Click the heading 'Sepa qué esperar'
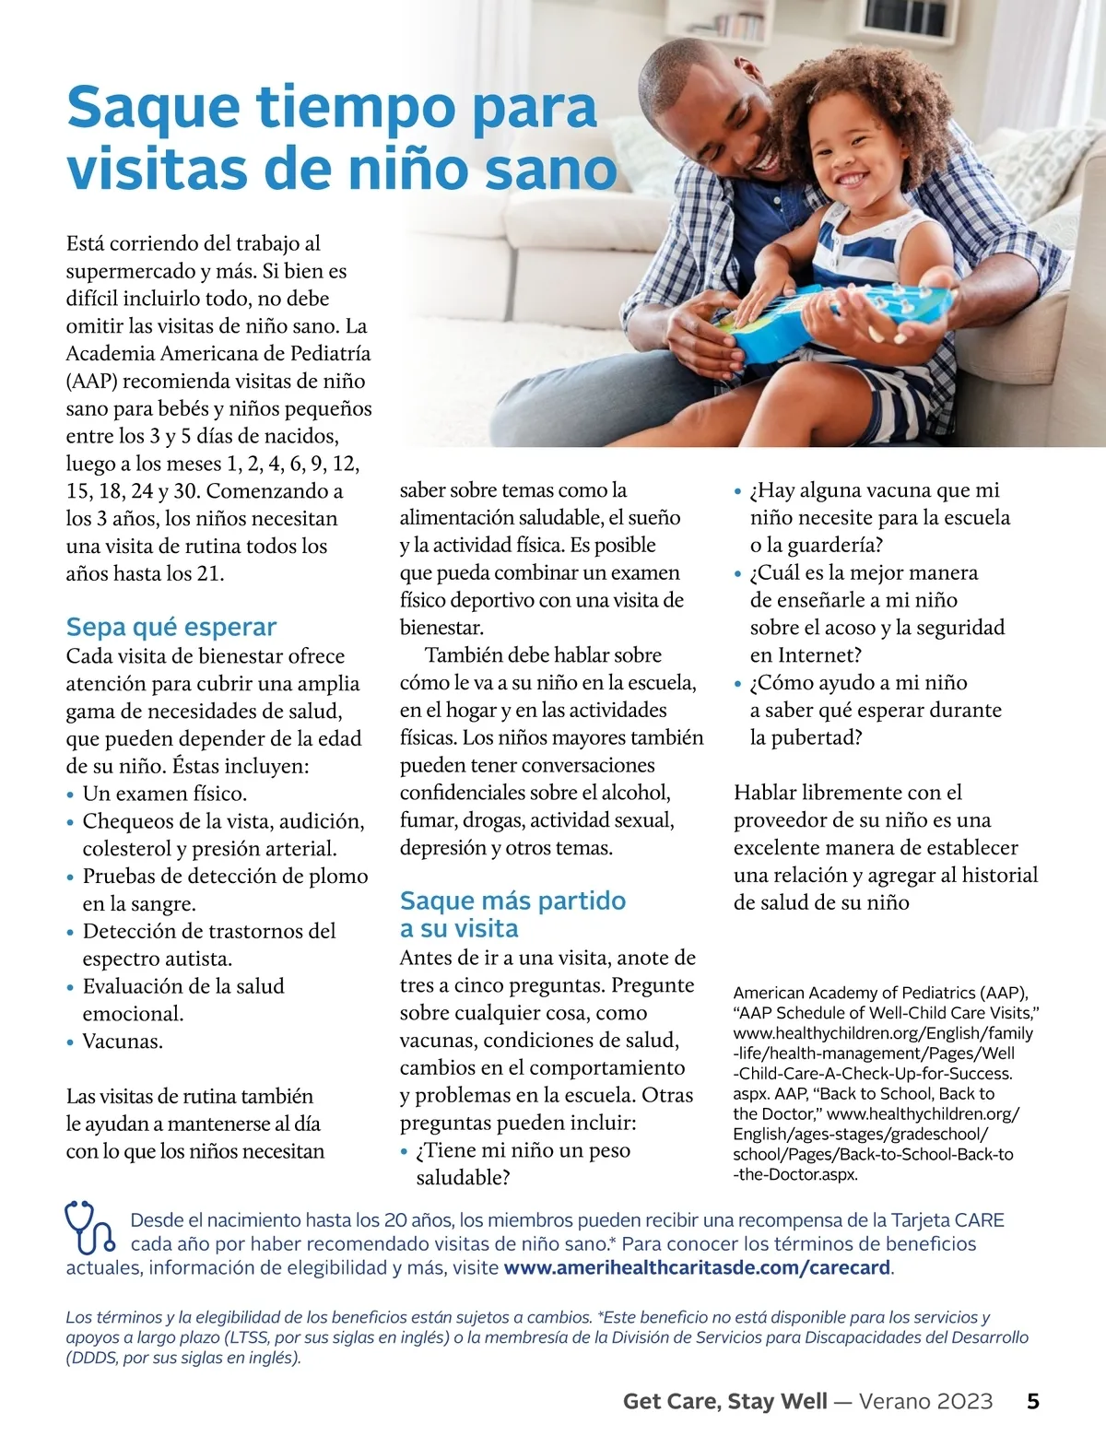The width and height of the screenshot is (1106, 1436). tap(171, 628)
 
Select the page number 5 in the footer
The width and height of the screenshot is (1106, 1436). tap(1033, 1402)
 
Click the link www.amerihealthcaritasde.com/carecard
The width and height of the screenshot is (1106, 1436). tap(698, 1267)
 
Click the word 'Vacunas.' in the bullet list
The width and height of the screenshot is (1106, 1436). tap(123, 1042)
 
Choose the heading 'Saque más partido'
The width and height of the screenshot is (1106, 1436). tap(512, 900)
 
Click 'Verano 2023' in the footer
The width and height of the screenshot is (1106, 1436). tap(925, 1402)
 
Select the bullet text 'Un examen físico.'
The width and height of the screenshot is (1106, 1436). tap(164, 794)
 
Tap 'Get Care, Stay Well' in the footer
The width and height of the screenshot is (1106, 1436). tap(724, 1402)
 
